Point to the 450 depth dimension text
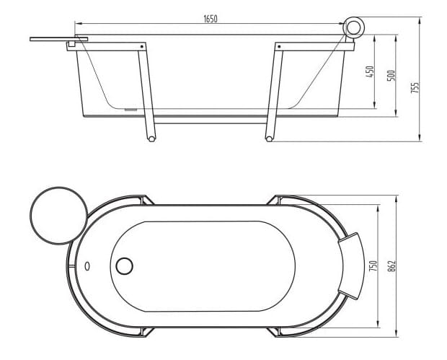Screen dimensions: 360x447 point(371,73)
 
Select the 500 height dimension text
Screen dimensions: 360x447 point(391,74)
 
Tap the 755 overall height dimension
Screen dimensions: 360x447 point(415,87)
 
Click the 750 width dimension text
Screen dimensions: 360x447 point(373,266)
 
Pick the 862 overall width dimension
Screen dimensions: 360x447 point(392,265)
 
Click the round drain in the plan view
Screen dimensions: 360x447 point(124,265)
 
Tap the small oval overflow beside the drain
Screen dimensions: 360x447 point(88,265)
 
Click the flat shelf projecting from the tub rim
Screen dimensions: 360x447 point(58,38)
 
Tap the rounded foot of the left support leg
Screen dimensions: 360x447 point(151,138)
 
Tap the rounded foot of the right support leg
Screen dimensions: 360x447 point(269,138)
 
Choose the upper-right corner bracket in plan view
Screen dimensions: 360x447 point(280,200)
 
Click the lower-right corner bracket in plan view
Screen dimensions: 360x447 point(280,331)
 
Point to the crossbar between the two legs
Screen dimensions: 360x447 point(210,121)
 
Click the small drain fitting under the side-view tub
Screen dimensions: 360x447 point(130,110)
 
